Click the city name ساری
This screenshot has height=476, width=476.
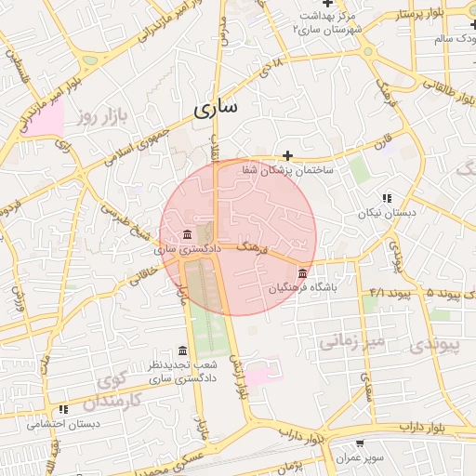tap(217, 109)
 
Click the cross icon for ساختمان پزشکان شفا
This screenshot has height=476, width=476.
tap(288, 155)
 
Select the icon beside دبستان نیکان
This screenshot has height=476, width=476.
tap(387, 198)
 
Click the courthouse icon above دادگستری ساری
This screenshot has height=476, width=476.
tap(189, 233)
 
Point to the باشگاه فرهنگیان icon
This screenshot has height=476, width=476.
tap(304, 272)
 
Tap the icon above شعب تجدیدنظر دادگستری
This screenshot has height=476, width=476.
tap(182, 350)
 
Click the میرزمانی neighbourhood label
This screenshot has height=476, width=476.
tap(350, 342)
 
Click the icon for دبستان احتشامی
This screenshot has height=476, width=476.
tap(63, 409)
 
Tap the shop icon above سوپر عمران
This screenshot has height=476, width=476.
tap(359, 444)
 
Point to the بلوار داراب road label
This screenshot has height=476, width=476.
tap(424, 426)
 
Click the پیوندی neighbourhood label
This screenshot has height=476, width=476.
tap(435, 344)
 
